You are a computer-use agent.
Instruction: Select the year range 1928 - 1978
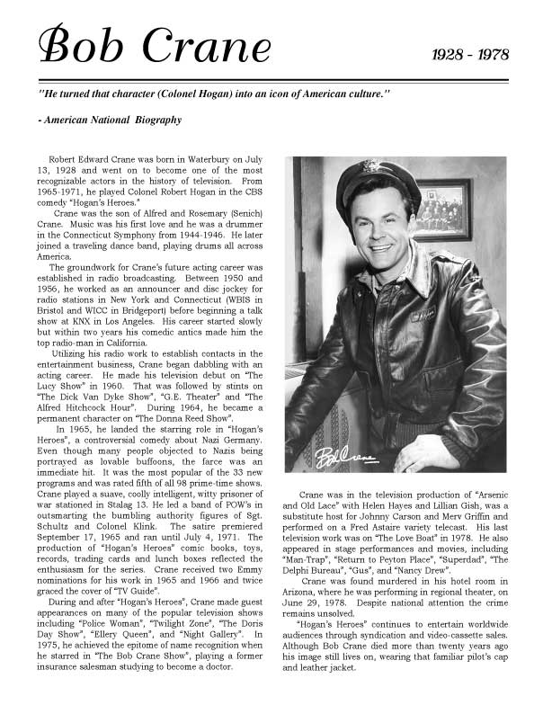click(470, 55)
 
